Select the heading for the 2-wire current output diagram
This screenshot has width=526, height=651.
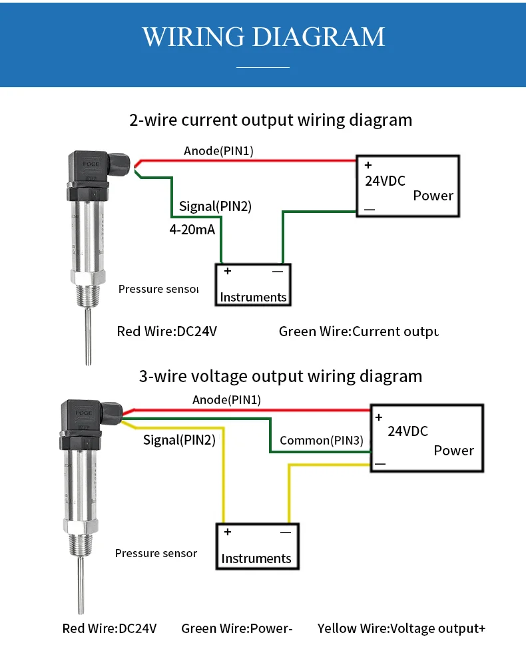point(270,120)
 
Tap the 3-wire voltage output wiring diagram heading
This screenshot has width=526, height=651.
point(280,376)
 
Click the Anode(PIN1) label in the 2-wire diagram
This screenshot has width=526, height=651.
point(218,151)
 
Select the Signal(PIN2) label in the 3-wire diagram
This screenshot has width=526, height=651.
point(179,440)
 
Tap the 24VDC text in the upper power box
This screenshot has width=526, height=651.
point(385,180)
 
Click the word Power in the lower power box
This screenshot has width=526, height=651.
point(453,451)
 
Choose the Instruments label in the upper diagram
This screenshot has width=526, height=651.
point(253,298)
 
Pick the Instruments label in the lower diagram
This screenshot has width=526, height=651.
point(256,558)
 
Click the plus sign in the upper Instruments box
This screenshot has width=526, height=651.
point(228,271)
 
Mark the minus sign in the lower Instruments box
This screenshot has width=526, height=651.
point(285,533)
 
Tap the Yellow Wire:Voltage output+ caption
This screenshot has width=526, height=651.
point(401,628)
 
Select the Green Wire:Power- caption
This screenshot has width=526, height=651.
point(237,628)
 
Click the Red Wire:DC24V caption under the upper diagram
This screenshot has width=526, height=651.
point(167,331)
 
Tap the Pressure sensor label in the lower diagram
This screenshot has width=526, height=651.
point(156,553)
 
